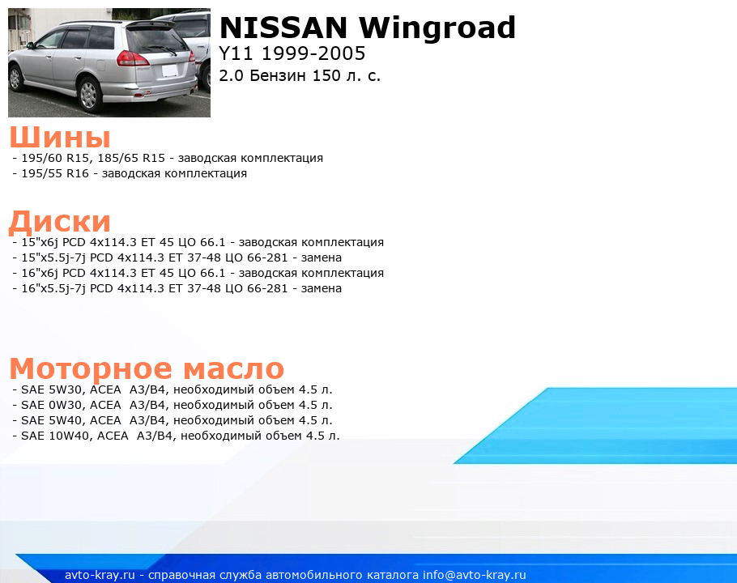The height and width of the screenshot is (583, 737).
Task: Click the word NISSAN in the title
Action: tap(283, 28)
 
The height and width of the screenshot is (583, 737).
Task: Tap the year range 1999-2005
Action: tap(313, 53)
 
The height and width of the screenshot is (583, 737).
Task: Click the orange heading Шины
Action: tap(60, 137)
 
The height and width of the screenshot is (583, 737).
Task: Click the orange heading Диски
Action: tap(60, 222)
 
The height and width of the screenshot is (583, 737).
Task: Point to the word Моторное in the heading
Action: tap(91, 368)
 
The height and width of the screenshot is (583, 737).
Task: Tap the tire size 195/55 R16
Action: tap(55, 173)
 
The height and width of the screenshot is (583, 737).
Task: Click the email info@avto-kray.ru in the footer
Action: tap(475, 575)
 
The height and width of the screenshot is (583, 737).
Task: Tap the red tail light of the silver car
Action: tap(131, 58)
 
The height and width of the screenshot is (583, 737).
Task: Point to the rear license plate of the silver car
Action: tap(170, 70)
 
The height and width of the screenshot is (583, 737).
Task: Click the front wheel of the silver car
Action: tap(15, 79)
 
